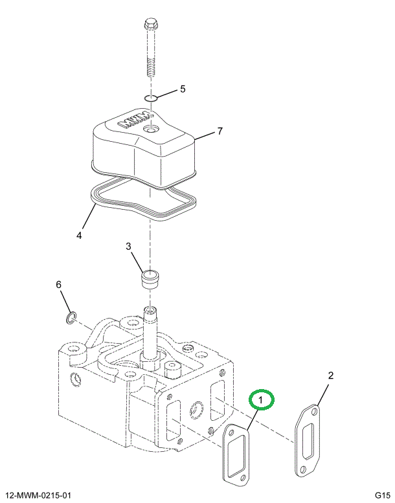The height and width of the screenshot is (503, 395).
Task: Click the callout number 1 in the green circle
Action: (260, 399)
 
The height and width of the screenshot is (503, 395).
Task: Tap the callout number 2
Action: (330, 375)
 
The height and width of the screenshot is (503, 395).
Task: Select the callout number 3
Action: (128, 247)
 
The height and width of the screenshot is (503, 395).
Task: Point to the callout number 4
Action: (79, 235)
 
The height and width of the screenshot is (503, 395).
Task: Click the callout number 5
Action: (183, 89)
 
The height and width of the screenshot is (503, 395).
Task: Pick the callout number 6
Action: (58, 285)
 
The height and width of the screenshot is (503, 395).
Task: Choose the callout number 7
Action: (220, 131)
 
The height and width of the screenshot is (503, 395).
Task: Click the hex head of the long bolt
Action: (150, 24)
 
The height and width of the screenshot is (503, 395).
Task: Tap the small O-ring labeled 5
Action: (150, 98)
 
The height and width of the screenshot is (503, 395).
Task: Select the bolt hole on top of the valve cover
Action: (150, 130)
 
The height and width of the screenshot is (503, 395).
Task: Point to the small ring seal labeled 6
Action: (71, 317)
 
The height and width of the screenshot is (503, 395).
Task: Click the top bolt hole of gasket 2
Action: (315, 411)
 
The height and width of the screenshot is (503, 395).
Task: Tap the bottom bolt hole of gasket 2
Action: (303, 469)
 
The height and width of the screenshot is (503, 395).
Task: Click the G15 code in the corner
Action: (382, 496)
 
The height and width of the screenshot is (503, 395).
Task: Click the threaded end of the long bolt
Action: (150, 67)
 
